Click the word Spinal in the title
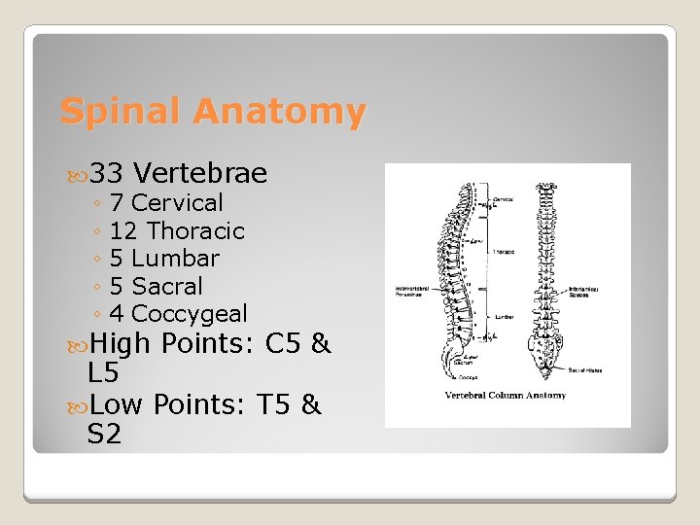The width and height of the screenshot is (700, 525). (x=122, y=112)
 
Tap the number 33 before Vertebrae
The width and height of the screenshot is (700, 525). (x=110, y=174)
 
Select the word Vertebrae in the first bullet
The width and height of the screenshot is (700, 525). (x=199, y=174)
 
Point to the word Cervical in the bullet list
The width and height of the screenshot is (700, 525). (x=177, y=203)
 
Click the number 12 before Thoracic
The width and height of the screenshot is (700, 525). (x=123, y=231)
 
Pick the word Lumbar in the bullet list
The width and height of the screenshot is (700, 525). (x=175, y=259)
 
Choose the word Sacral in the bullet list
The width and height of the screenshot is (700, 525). (x=167, y=287)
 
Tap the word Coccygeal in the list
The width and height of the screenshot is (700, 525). (x=189, y=314)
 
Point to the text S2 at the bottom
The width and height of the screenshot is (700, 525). (x=104, y=434)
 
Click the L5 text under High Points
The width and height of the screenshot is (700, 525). (x=104, y=372)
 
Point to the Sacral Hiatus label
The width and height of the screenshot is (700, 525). (x=584, y=370)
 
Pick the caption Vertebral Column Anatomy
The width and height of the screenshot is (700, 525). (x=506, y=396)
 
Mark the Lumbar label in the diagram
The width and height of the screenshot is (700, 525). (x=504, y=316)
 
